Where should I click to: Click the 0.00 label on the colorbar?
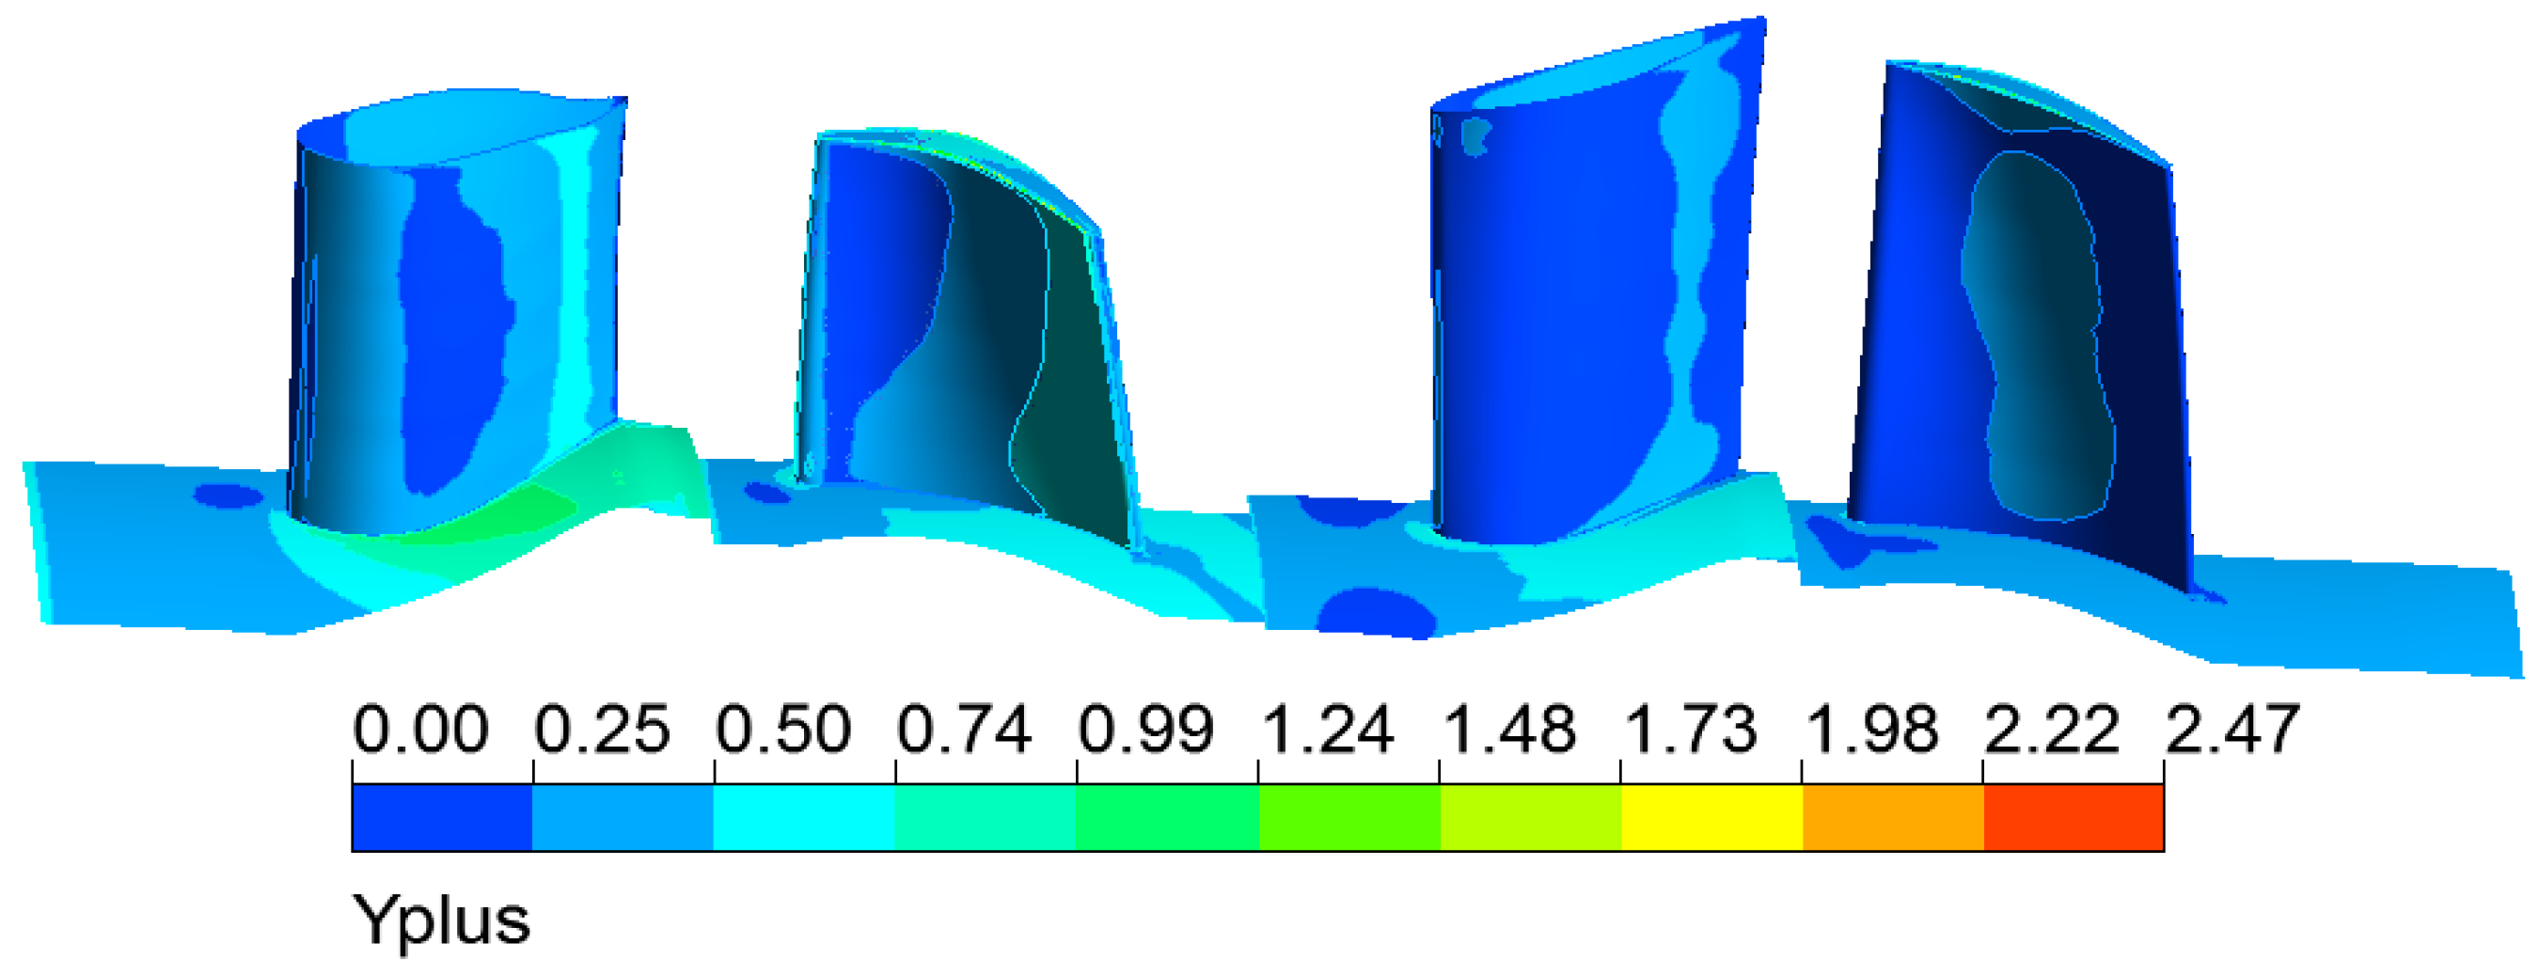click(421, 730)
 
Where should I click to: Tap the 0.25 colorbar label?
click(602, 730)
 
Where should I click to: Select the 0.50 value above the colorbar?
click(783, 730)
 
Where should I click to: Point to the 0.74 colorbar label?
click(964, 730)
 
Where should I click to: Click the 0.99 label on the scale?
click(1145, 730)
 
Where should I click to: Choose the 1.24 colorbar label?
click(1327, 730)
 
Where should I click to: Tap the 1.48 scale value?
click(1508, 730)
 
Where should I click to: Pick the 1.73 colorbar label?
click(1690, 730)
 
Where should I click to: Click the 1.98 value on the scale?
click(1870, 730)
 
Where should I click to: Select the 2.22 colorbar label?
click(2052, 730)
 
